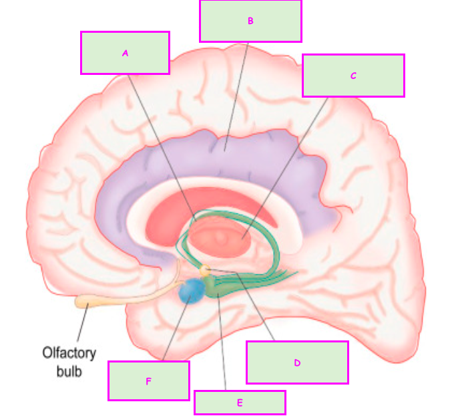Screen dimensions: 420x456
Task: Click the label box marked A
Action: (x=125, y=52)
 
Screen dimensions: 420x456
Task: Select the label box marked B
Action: (x=250, y=21)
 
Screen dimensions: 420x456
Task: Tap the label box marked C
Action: (x=353, y=76)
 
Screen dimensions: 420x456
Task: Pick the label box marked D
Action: (x=297, y=362)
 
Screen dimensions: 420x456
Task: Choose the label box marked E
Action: (x=240, y=403)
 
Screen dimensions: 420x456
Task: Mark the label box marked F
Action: (x=148, y=381)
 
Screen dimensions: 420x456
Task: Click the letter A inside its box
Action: (x=125, y=52)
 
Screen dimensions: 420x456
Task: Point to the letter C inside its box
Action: (x=353, y=76)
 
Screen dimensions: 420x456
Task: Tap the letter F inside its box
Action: (x=148, y=381)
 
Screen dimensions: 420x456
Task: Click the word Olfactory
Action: (x=69, y=352)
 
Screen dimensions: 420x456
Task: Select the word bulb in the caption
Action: (x=69, y=370)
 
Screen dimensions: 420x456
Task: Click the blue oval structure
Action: (x=192, y=292)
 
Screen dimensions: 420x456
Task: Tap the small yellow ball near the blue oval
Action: (x=206, y=270)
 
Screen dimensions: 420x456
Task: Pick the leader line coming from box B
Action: (x=237, y=94)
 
